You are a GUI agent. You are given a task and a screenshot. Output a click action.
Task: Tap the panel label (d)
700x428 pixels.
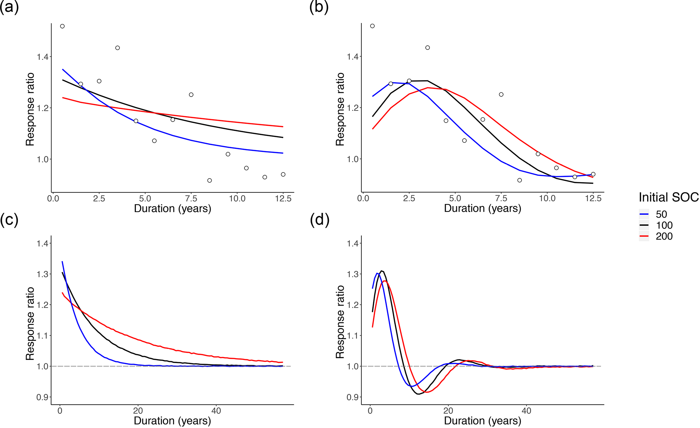pos(319,220)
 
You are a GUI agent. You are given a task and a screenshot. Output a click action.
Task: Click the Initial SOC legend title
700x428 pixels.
pos(669,197)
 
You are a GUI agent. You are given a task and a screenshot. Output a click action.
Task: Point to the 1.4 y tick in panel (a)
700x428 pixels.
pos(43,57)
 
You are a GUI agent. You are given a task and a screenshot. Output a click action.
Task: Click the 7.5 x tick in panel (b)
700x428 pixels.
pos(501,199)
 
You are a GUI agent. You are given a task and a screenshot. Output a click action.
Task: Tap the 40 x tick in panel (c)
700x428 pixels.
pos(216,411)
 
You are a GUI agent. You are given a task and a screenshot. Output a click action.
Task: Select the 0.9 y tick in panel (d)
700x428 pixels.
pos(353,397)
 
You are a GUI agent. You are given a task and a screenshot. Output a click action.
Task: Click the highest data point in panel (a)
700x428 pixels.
pos(62,26)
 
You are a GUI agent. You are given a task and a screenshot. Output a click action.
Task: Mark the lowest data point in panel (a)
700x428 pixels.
pos(210,180)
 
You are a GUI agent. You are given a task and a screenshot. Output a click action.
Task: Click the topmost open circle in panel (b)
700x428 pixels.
pos(372,26)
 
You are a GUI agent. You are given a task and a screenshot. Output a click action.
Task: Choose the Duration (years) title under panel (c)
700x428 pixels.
pos(172,421)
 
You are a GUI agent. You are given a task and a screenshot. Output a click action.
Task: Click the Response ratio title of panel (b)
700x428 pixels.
pos(340,109)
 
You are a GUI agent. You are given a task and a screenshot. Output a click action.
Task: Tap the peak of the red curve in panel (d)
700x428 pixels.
pos(385,281)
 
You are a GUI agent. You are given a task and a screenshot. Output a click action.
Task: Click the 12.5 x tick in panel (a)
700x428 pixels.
pos(283,199)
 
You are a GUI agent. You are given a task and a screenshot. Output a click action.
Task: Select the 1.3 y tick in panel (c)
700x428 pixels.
pos(43,274)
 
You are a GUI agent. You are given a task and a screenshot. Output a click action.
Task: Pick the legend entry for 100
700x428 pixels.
pos(664,225)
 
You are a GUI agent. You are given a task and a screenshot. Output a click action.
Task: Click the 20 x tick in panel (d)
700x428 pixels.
pos(448,411)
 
